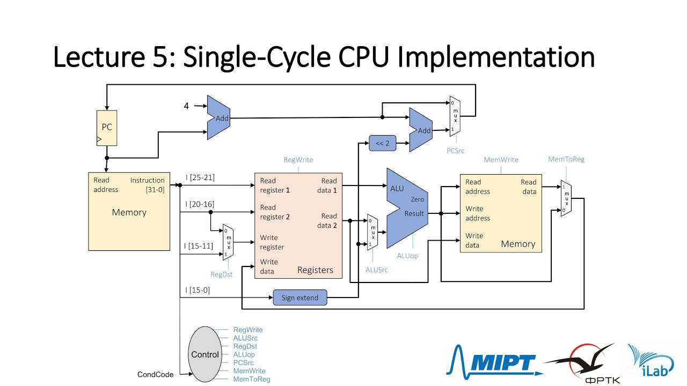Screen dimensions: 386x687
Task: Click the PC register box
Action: click(x=107, y=128)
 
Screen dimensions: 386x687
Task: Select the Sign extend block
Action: click(x=300, y=298)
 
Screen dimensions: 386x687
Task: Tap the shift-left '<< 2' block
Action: click(x=382, y=143)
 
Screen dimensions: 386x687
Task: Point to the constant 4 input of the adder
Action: click(x=186, y=106)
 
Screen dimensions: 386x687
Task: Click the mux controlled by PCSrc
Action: click(x=455, y=116)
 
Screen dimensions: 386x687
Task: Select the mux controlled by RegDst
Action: click(x=228, y=242)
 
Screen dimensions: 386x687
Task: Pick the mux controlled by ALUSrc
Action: click(x=371, y=232)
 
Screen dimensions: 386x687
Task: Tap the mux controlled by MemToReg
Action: click(x=566, y=198)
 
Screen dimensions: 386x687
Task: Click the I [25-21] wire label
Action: click(x=200, y=177)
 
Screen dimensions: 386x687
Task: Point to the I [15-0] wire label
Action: click(x=198, y=290)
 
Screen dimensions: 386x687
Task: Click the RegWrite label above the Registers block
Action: click(x=298, y=160)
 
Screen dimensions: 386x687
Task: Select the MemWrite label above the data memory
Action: click(x=501, y=160)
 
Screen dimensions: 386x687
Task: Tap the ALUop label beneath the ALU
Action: click(x=407, y=256)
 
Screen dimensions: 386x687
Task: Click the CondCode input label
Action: click(x=156, y=375)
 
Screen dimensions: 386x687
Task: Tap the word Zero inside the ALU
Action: click(x=417, y=199)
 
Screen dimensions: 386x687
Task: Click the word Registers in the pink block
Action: click(x=315, y=270)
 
